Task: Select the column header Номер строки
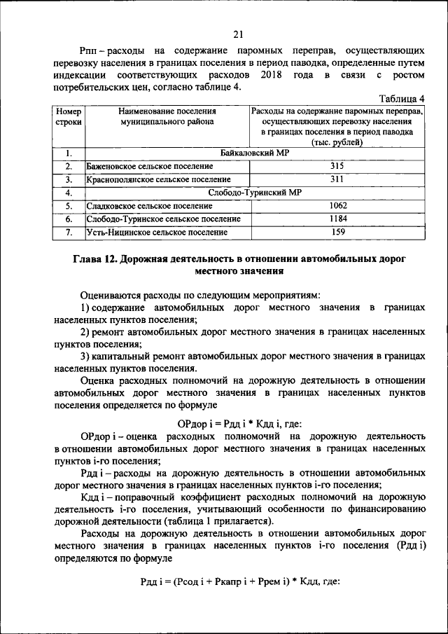[69, 116]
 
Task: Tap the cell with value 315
[338, 166]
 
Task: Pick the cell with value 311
[338, 179]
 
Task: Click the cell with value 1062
[338, 205]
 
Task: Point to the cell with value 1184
[338, 219]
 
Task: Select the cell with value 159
[338, 231]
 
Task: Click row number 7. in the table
[69, 232]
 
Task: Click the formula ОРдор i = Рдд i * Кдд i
[229, 424]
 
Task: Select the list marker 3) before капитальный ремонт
[86, 357]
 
